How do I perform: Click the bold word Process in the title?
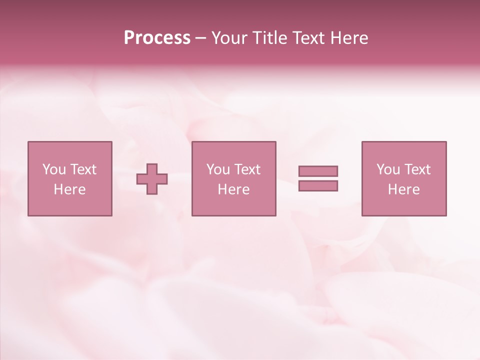click(157, 38)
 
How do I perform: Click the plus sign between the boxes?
click(152, 178)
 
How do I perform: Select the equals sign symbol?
click(318, 178)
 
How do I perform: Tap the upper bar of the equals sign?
click(318, 171)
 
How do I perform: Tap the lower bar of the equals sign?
click(318, 186)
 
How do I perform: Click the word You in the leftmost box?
click(54, 169)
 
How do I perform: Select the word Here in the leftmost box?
click(70, 189)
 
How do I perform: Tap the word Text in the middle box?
click(247, 169)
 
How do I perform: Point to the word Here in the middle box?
click(233, 189)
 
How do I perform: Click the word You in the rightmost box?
click(388, 169)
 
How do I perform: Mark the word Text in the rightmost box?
click(417, 169)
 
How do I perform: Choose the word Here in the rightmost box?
click(404, 189)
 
